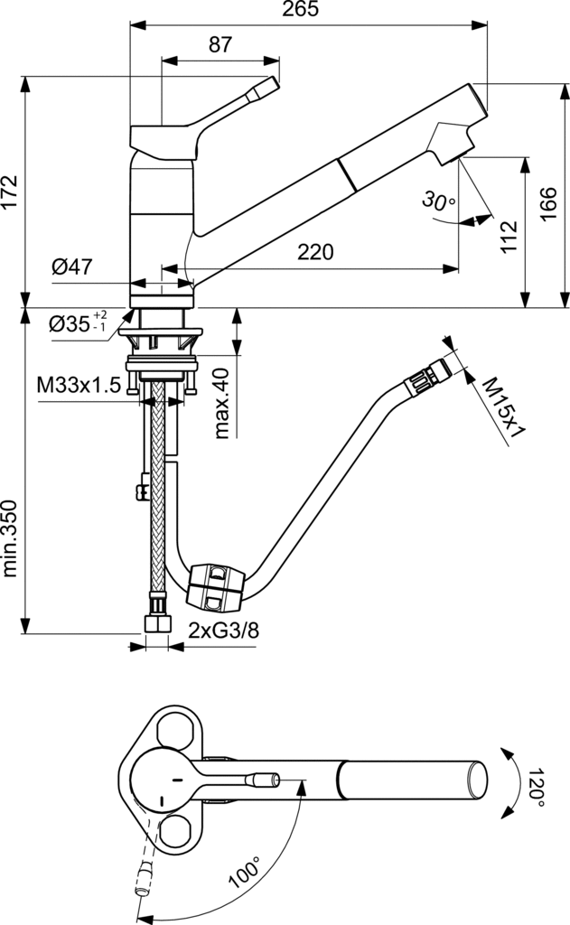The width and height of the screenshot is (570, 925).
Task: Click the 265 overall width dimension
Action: (x=300, y=9)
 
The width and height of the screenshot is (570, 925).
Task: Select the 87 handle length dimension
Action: (x=220, y=44)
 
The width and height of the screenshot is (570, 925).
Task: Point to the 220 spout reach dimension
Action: (x=315, y=252)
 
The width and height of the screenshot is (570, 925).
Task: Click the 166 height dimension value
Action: (x=548, y=204)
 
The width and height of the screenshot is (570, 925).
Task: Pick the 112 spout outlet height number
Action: (x=508, y=237)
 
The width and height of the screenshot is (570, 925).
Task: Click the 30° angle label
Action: (x=438, y=201)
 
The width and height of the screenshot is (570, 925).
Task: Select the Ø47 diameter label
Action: (x=72, y=266)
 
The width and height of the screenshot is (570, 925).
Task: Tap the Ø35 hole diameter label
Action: (x=78, y=322)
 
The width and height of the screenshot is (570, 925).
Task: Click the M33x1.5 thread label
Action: (x=79, y=385)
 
